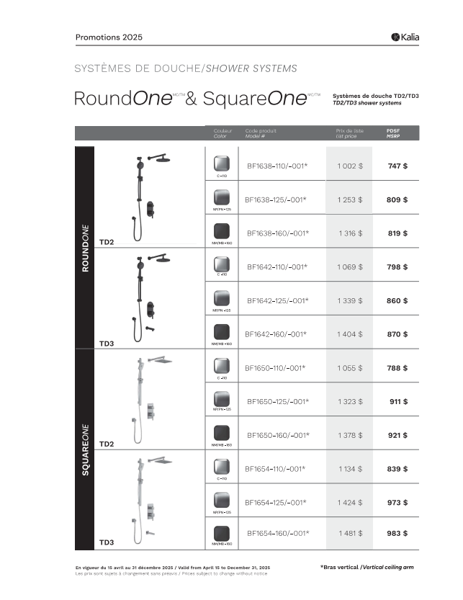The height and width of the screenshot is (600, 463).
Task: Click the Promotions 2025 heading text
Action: tap(109, 37)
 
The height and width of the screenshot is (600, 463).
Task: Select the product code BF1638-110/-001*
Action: tap(277, 166)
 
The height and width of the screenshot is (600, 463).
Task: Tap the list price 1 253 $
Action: tap(349, 200)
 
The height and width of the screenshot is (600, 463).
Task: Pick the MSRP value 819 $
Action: tap(397, 233)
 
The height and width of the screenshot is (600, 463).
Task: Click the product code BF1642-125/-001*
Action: tap(277, 300)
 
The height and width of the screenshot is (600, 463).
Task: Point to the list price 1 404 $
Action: tap(349, 334)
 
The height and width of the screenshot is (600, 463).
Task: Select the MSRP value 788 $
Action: tap(397, 368)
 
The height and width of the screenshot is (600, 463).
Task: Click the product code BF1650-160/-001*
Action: tap(277, 435)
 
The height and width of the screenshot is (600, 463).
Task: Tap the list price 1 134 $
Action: tap(350, 469)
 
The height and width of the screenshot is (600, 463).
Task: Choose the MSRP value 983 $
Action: tap(397, 534)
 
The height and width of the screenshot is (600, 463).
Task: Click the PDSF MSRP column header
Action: tap(393, 133)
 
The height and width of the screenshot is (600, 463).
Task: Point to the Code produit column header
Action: tap(261, 133)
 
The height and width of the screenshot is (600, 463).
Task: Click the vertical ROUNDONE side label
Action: tap(85, 247)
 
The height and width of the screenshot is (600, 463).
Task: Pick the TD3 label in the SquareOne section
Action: tap(107, 542)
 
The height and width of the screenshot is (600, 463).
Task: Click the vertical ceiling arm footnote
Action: tap(367, 568)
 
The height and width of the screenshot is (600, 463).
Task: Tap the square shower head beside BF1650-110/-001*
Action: tap(161, 360)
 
